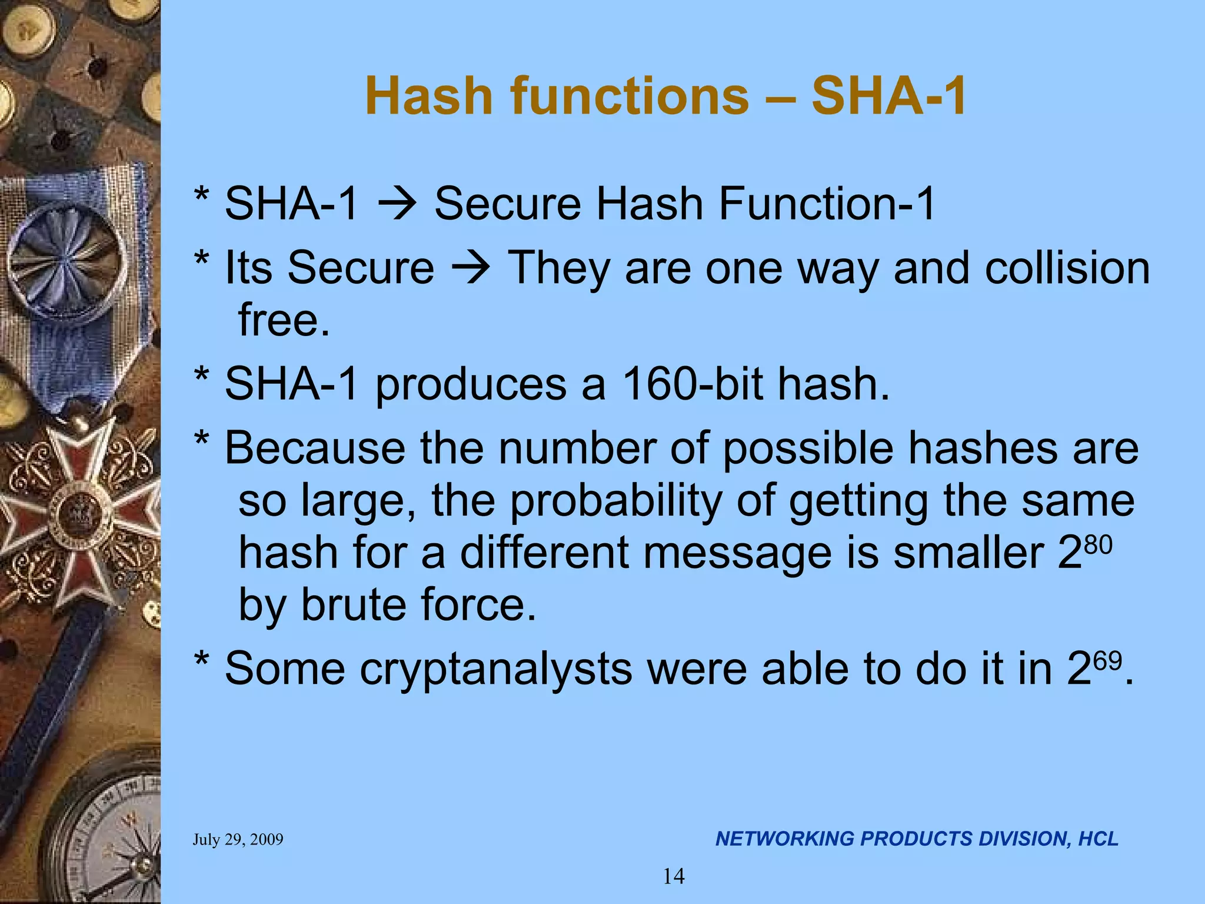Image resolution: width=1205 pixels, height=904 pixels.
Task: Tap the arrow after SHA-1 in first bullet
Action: tap(397, 204)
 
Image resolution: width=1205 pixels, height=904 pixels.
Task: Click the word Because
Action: tap(315, 448)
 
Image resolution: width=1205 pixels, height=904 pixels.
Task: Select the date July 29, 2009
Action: tap(238, 839)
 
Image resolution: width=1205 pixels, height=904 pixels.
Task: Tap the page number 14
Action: tap(674, 876)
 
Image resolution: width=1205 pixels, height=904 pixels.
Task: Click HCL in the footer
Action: tap(1098, 839)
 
